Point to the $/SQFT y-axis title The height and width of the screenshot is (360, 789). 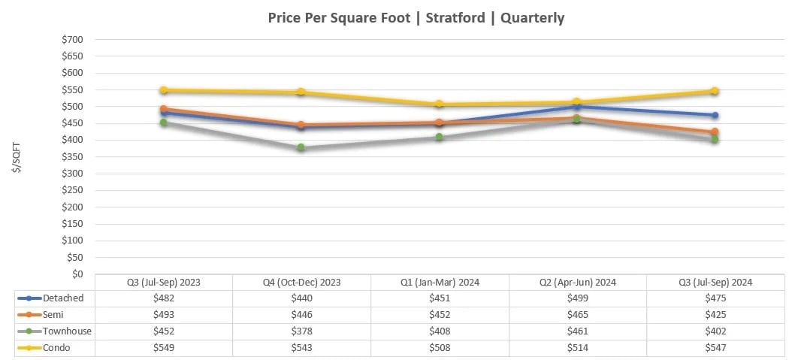(x=17, y=158)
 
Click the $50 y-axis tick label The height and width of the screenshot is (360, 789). (x=74, y=257)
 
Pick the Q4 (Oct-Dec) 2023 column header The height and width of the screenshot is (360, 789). (x=301, y=283)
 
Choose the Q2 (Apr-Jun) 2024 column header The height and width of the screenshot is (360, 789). (x=577, y=283)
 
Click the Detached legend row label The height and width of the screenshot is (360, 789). (x=62, y=298)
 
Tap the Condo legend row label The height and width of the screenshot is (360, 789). (x=58, y=348)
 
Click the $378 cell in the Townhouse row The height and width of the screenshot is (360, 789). (x=301, y=331)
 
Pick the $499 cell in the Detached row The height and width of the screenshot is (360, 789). (x=577, y=298)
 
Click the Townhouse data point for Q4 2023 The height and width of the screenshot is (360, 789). (x=301, y=147)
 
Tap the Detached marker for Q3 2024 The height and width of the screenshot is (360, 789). (x=715, y=115)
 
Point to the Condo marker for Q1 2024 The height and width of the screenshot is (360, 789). (x=439, y=104)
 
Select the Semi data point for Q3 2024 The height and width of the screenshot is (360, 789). (x=715, y=132)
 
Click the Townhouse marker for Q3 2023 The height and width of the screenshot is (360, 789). (x=163, y=123)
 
